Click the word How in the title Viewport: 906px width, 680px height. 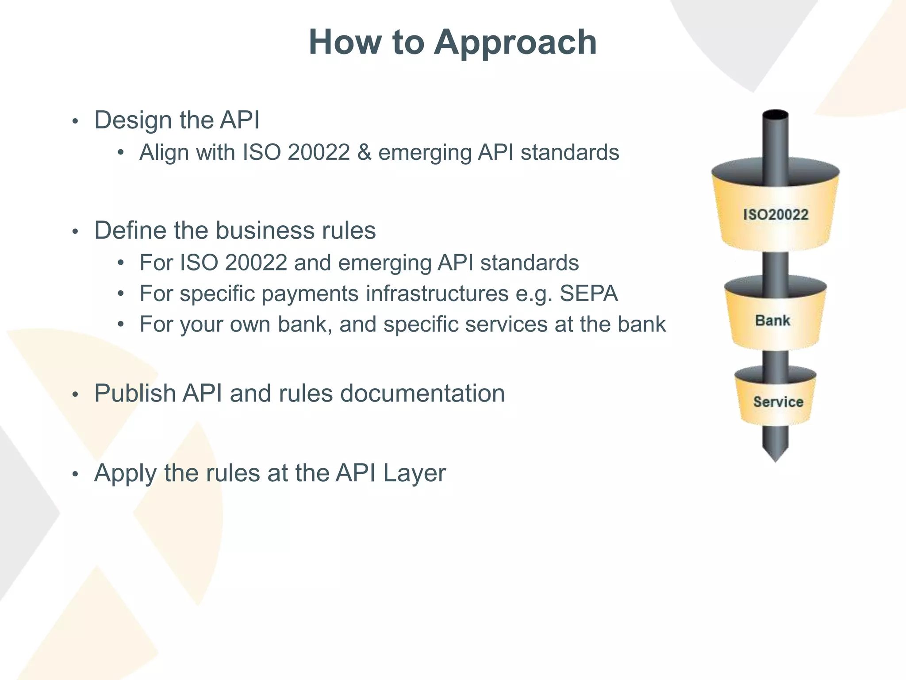(x=345, y=42)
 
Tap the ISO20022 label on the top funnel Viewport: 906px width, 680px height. (x=775, y=215)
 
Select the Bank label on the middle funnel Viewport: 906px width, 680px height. (x=772, y=320)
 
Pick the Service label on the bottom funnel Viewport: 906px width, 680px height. (x=778, y=402)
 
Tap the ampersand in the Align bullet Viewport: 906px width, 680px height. (x=364, y=152)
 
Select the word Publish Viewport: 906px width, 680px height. (x=135, y=393)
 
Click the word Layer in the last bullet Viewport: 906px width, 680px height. (x=414, y=473)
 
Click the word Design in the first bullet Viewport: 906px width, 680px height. (x=133, y=120)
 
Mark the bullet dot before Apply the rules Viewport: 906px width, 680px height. (x=75, y=474)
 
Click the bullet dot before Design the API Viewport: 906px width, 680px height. (x=75, y=121)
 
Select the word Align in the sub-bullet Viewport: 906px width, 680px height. (x=164, y=152)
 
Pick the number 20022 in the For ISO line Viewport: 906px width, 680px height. (x=256, y=263)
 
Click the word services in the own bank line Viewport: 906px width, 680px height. (x=506, y=324)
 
